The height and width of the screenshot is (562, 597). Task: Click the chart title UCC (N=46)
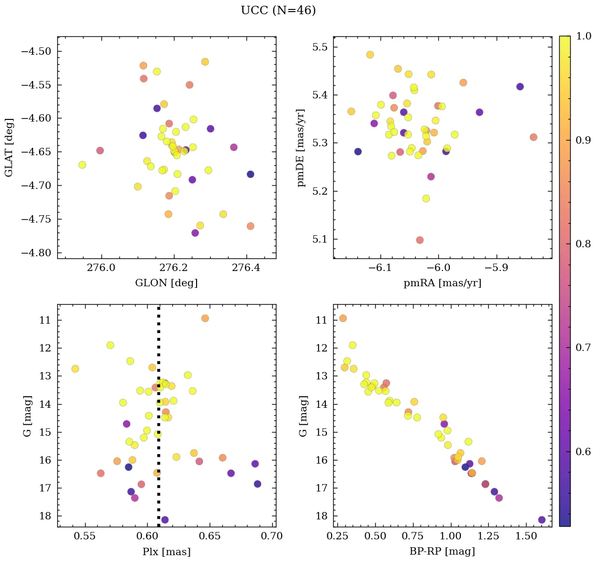pyautogui.click(x=278, y=11)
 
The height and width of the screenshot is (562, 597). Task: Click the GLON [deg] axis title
pyautogui.click(x=167, y=283)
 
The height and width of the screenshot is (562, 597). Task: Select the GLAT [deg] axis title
pyautogui.click(x=9, y=147)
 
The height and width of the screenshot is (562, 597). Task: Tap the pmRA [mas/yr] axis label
pyautogui.click(x=442, y=283)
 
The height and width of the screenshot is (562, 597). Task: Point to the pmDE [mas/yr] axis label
pyautogui.click(x=301, y=147)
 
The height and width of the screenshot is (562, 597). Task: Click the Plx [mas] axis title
pyautogui.click(x=167, y=551)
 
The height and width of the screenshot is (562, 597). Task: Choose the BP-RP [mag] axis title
pyautogui.click(x=442, y=551)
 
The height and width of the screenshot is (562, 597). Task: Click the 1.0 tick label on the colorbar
pyautogui.click(x=583, y=36)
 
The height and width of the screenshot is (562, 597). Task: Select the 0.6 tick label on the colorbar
pyautogui.click(x=583, y=451)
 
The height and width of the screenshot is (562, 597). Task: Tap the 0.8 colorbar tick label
pyautogui.click(x=583, y=244)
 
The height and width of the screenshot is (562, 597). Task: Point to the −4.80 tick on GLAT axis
pyautogui.click(x=36, y=253)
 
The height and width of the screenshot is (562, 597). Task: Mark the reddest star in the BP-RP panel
pyautogui.click(x=542, y=520)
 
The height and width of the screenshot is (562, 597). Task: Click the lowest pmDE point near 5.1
pyautogui.click(x=419, y=240)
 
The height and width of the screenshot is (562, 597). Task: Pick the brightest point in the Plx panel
pyautogui.click(x=205, y=318)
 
